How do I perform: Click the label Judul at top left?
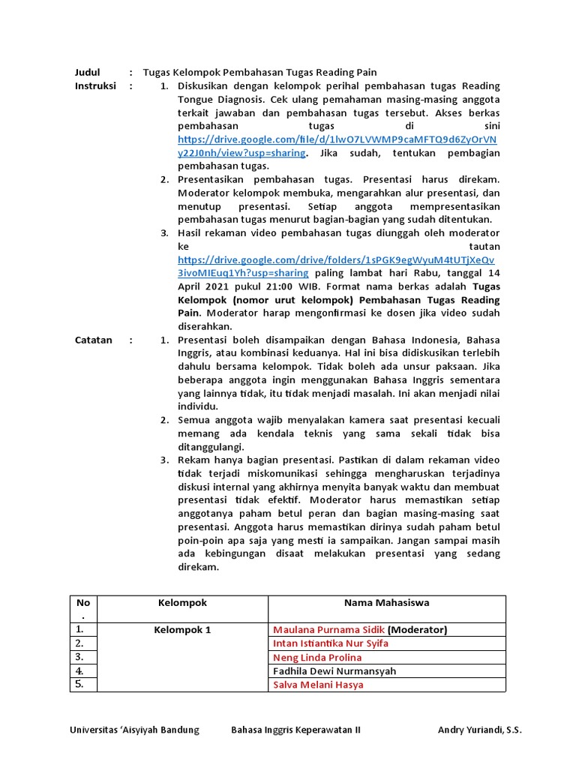87,72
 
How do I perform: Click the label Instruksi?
95,86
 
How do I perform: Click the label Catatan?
94,340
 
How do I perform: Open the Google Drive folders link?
337,259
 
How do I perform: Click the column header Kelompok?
182,602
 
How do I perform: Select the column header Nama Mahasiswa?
387,602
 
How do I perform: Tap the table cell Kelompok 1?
182,629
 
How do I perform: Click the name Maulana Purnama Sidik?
328,629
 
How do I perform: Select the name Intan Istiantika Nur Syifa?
331,643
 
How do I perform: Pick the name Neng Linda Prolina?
317,658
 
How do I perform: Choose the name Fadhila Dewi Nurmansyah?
334,671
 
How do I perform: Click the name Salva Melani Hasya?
318,685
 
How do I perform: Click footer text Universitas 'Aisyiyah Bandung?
134,730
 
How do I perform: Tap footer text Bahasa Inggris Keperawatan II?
295,730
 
